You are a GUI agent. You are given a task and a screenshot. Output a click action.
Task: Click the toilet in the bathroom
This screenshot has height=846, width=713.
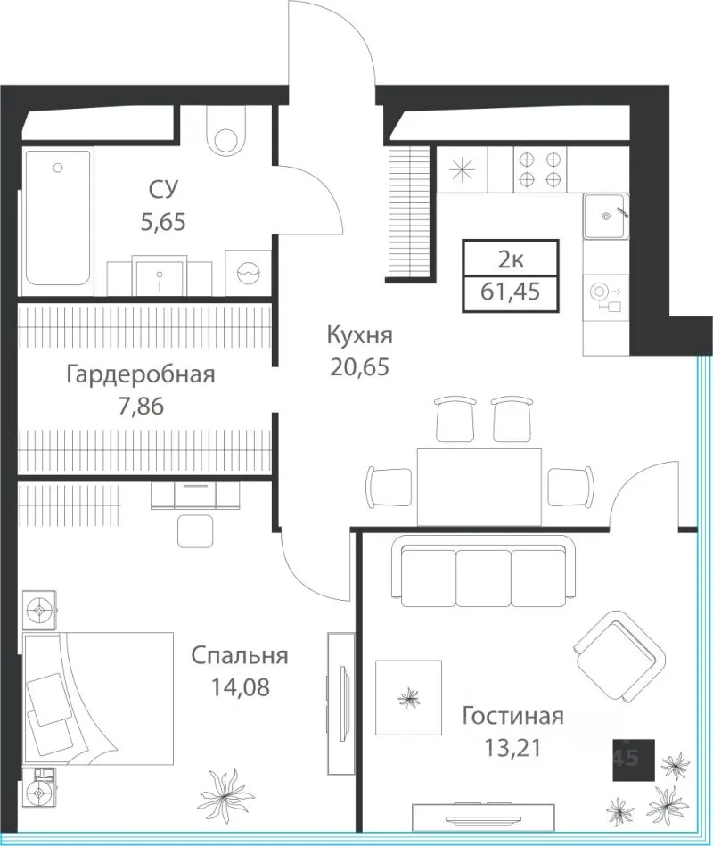coord(226,131)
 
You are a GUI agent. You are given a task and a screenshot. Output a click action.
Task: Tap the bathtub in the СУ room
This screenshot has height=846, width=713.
coord(58,218)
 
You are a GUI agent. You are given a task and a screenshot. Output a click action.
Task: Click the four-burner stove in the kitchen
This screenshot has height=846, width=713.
coord(540,169)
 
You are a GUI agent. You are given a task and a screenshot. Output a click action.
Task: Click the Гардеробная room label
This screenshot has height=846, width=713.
coord(141,374)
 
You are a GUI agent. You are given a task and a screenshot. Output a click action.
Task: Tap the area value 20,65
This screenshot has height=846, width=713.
coord(360,367)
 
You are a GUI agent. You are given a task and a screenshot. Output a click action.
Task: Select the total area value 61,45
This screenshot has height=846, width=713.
coord(510,292)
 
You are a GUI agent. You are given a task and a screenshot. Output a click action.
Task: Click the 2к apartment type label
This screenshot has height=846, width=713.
coord(510,260)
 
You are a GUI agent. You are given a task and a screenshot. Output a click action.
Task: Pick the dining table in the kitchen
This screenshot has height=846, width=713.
coord(479,486)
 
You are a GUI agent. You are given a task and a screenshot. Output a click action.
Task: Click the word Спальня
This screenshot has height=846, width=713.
coord(240,655)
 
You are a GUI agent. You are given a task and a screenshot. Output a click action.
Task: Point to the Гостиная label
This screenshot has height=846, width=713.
coord(512,717)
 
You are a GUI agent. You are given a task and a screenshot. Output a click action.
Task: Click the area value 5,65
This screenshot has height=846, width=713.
coord(163,222)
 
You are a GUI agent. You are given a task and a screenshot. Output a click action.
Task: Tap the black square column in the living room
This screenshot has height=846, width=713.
coord(634,760)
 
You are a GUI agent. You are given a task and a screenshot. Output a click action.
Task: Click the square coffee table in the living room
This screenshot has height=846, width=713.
coord(408,697)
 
